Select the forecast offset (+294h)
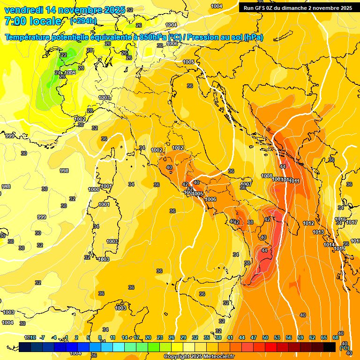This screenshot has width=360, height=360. pos(83,21)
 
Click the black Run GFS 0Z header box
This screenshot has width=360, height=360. pos(298,7)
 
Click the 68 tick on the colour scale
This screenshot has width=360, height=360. pos(336,337)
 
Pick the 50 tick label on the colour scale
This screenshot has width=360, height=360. pos(265,337)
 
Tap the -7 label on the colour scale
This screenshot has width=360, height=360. pos(43,337)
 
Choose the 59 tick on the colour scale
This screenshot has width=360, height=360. pos(300,337)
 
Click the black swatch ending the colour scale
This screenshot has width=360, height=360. pos(330,347)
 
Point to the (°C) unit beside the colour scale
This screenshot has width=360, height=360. pos(345,348)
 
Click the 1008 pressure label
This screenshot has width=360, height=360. pos(267,176)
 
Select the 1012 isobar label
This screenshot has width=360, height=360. pos(308,223)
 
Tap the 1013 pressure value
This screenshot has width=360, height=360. pos(318,232)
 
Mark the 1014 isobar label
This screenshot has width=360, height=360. pos(329,245)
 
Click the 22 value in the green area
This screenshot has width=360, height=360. pos(63,55)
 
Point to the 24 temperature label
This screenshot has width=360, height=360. pos(57,73)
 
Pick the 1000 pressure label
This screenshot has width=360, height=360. pos(94,189)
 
